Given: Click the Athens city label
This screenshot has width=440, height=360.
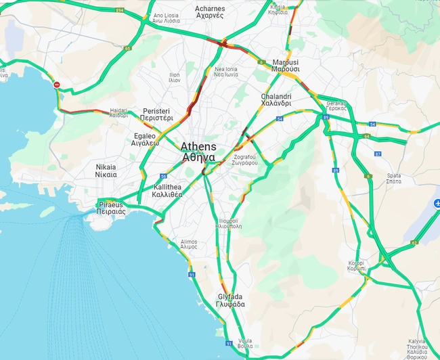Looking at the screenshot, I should tap(198, 152).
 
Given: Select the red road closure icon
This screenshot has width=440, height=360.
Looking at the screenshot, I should tap(57, 85).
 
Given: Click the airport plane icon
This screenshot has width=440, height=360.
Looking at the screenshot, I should tap(437, 203).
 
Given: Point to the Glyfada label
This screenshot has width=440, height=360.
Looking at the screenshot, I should tap(231, 300).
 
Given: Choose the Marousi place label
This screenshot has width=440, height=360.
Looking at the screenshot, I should tap(285, 65).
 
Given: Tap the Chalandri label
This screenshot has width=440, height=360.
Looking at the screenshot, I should tap(276, 100).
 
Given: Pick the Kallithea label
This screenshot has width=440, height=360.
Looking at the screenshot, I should tap(167, 190).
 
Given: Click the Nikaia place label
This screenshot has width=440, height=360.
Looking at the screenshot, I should tap(106, 171).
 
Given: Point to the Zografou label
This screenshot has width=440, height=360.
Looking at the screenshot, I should tap(245, 160).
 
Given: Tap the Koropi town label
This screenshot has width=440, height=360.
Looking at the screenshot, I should tap(356, 265).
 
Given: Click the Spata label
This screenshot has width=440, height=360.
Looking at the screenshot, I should tap(393, 178).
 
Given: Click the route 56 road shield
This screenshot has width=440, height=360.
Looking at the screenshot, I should tap(164, 176).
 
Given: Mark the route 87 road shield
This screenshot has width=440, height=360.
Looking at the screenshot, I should tap(378, 154).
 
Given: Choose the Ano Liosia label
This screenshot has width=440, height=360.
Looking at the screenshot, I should tap(167, 18).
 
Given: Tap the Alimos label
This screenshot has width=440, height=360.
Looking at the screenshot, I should tap(189, 244).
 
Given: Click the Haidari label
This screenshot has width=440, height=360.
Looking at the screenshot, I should tap(118, 112).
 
